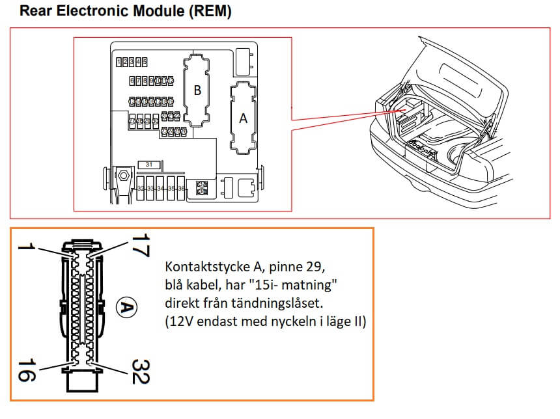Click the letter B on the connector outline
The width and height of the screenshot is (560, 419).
click(197, 90)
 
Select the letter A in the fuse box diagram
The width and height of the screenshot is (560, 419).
click(244, 118)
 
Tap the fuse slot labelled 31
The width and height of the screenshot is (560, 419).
click(149, 165)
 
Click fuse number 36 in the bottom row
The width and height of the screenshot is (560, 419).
click(181, 188)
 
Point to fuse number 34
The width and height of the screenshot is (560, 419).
click(161, 188)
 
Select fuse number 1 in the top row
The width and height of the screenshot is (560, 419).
click(119, 62)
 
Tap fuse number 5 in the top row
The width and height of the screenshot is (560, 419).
click(145, 62)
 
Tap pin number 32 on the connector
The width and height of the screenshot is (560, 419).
click(139, 371)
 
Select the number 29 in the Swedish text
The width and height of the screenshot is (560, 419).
click(316, 268)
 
